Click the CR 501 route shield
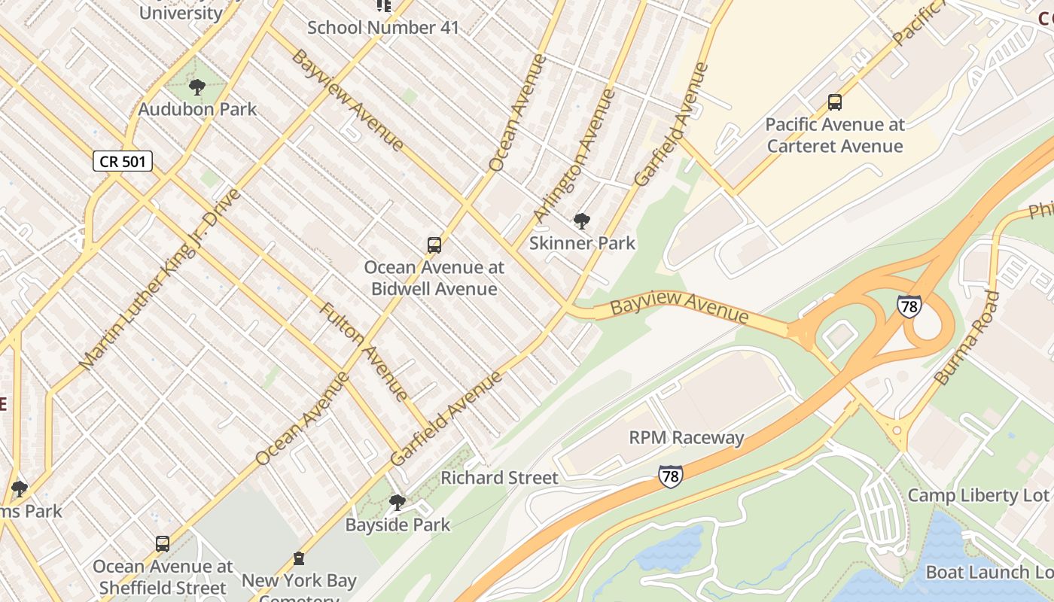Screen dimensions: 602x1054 click(123, 161)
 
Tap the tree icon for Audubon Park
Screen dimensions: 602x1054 click(197, 87)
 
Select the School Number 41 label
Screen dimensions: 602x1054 click(382, 28)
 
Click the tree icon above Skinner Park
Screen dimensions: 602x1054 click(581, 221)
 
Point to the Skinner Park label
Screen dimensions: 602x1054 click(582, 243)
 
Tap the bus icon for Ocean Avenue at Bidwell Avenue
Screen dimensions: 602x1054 click(434, 245)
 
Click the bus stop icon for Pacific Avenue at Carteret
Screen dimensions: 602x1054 click(834, 102)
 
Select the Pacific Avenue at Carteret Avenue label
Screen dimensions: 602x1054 click(834, 135)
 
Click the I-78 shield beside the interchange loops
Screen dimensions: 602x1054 click(909, 306)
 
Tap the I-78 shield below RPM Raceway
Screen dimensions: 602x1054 click(670, 476)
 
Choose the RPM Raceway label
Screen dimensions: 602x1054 click(686, 438)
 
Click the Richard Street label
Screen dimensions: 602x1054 click(499, 478)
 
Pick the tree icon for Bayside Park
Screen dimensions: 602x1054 click(398, 502)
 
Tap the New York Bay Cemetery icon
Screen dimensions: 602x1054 click(299, 558)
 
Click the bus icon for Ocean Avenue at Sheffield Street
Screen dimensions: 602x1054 click(162, 543)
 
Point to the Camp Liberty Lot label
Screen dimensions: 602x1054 click(977, 495)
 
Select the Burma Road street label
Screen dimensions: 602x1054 click(967, 339)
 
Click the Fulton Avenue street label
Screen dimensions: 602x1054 click(364, 351)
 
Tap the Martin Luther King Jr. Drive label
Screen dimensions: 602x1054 click(160, 278)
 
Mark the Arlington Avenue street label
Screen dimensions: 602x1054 click(574, 157)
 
